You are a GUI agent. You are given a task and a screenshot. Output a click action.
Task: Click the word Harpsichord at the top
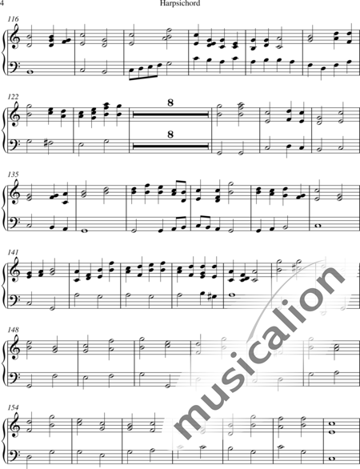pos(180,3)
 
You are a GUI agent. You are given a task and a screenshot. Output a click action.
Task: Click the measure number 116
pos(13,19)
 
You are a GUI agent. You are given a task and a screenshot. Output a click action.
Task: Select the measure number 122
pos(13,97)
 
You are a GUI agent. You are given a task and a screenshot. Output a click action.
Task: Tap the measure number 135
pos(13,174)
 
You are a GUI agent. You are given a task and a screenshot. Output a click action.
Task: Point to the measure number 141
pos(13,252)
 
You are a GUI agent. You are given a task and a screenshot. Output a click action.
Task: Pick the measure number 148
pos(13,330)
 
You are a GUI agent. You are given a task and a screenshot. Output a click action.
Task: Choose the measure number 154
pos(13,407)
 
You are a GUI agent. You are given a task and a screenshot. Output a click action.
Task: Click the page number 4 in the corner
pos(2,3)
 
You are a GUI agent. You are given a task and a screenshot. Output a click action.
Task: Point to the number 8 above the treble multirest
pos(170,103)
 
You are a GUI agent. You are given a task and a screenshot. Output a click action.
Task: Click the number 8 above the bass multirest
pos(170,134)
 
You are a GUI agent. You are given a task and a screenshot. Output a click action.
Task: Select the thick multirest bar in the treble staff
pos(170,114)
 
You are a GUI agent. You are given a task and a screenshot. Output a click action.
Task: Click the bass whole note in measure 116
pos(30,72)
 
